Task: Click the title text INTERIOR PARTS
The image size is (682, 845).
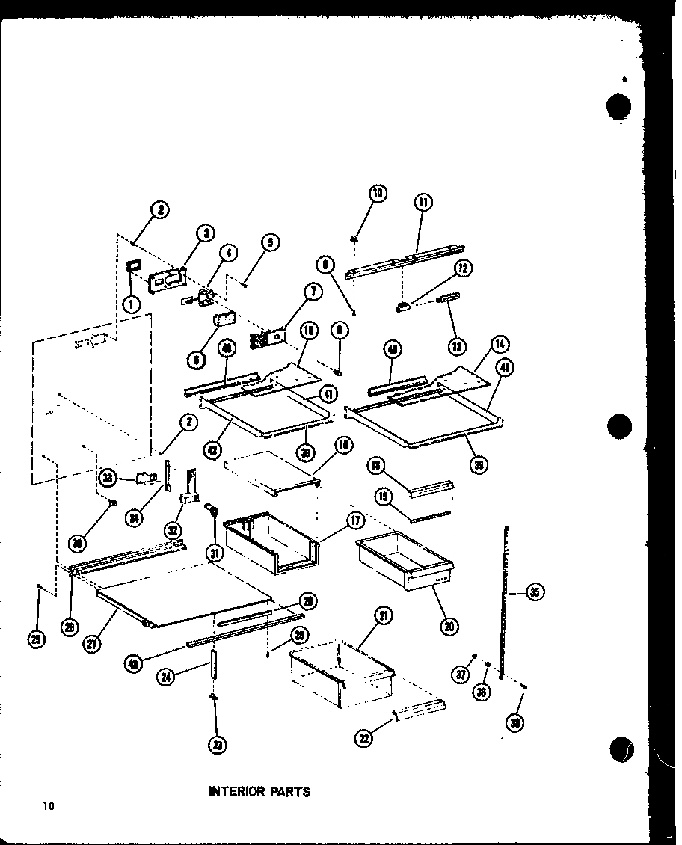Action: (259, 791)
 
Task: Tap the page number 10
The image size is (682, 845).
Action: (49, 805)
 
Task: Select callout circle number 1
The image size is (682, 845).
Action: (131, 304)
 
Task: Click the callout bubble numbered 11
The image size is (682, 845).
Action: (424, 202)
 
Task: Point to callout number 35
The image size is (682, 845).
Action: (535, 593)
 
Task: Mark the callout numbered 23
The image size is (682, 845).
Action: (218, 744)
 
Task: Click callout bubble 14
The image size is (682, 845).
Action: (500, 345)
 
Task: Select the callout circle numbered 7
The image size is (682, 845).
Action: (313, 292)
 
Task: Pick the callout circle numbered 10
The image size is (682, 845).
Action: (378, 194)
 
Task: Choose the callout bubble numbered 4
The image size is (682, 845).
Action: (228, 254)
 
